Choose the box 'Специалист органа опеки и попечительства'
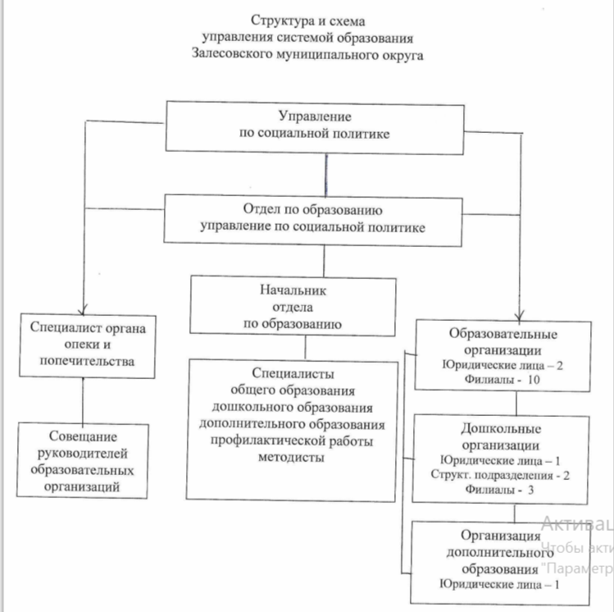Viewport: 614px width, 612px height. click(86, 345)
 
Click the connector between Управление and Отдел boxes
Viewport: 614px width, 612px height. click(327, 172)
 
